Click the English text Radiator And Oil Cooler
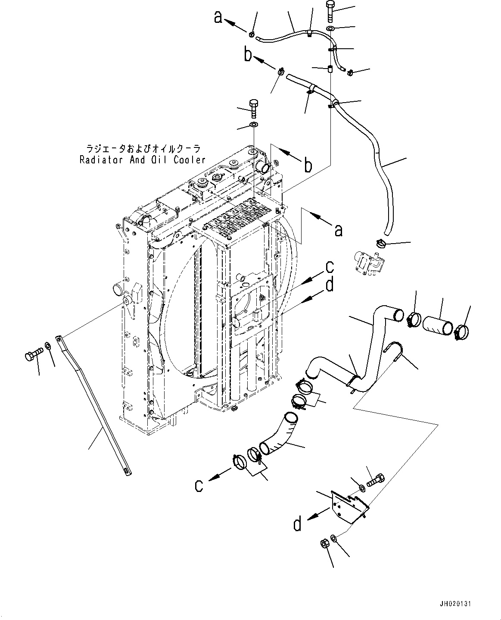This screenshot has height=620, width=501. pos(143,160)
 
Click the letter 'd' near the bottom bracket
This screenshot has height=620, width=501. pos(298,524)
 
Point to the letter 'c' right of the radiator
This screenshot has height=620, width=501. pos(329,267)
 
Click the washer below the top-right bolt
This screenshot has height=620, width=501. pos(330,28)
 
